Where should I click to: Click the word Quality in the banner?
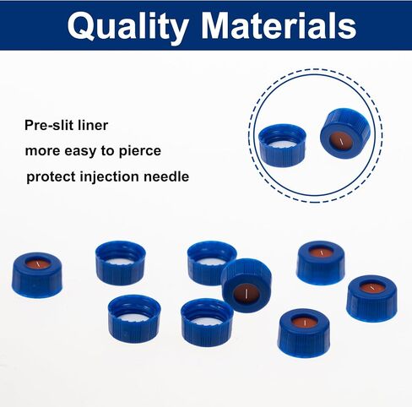[x=128, y=27]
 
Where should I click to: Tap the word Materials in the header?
[x=279, y=25]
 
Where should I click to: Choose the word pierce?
[x=140, y=151]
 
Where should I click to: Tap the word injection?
[x=110, y=177]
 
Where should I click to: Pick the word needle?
[x=166, y=176]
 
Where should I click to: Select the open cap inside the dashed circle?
[x=282, y=145]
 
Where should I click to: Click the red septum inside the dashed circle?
[x=341, y=140]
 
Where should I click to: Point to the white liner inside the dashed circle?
[x=282, y=145]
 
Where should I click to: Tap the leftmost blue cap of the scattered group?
[x=37, y=275]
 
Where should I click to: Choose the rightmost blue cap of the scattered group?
[x=372, y=298]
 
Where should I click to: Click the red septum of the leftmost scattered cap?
[x=38, y=263]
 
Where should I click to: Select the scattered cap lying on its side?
[x=247, y=285]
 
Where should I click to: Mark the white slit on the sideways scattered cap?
[x=246, y=294]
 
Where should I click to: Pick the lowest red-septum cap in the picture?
[x=304, y=333]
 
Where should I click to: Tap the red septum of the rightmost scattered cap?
[x=372, y=287]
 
